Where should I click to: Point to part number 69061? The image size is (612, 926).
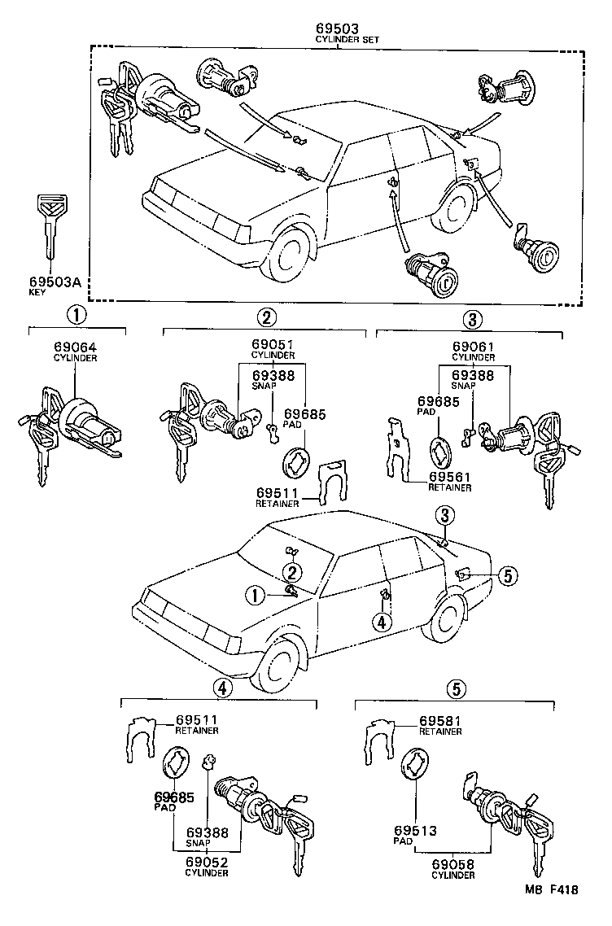coord(474,345)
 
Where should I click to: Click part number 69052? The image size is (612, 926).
coord(206,862)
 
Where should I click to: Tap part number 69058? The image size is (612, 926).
coord(452,864)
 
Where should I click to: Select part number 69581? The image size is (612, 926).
coord(441,721)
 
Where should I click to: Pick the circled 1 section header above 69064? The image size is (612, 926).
coord(75,316)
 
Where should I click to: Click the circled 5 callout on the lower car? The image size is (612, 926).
coord(506,575)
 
